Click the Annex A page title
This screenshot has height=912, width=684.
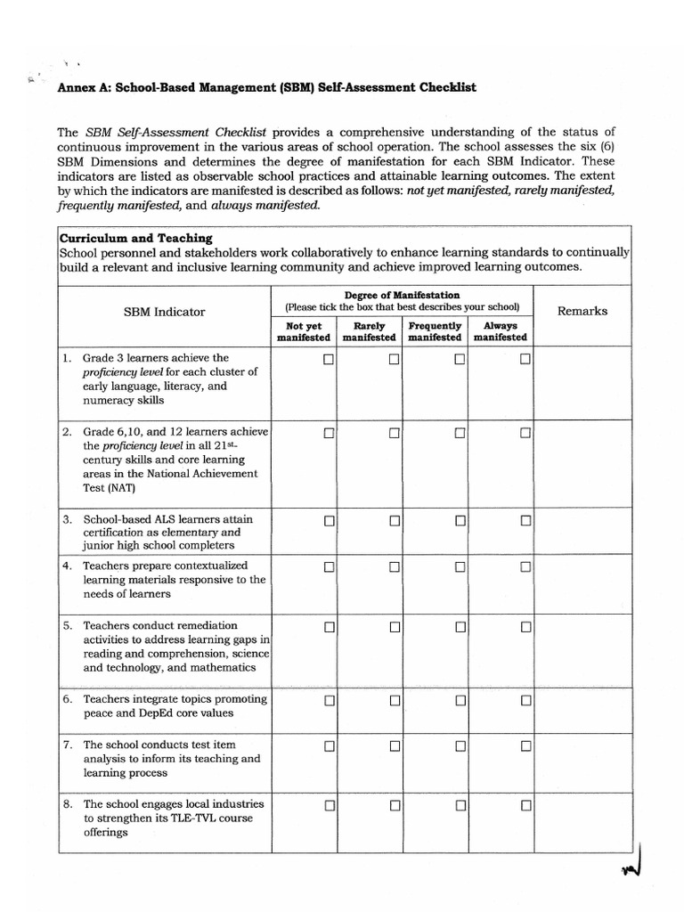coord(267,87)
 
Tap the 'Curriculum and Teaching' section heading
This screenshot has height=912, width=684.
coord(135,238)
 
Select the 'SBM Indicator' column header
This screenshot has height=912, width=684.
coord(164,312)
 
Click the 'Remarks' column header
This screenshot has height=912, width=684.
coord(582,311)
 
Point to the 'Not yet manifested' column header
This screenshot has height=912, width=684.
coord(304,331)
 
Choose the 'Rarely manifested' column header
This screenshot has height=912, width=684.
coord(369,331)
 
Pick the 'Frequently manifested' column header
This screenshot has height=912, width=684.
coord(435,331)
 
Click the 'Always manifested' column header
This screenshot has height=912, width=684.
coord(500,331)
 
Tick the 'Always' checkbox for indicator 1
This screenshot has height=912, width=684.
coord(525,360)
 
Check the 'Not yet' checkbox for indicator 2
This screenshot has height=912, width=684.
coord(329,433)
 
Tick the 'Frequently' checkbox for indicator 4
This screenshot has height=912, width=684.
coord(460,566)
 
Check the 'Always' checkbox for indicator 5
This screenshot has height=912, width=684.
coord(525,627)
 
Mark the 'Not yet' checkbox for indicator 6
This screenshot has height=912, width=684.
coord(329,700)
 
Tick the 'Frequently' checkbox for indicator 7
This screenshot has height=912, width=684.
coord(460,745)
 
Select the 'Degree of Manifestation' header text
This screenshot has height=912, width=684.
coord(402,295)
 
